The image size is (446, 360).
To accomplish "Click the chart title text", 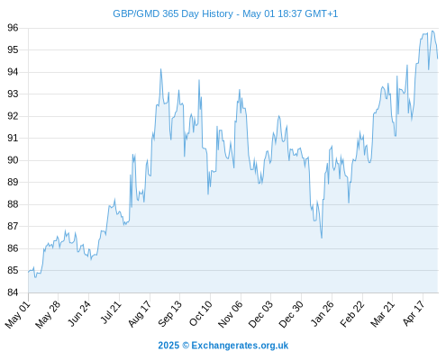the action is [225, 13].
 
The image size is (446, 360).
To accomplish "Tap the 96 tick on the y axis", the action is [13, 28].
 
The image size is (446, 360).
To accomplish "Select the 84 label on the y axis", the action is [13, 292].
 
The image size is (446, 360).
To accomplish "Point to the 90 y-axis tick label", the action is [13, 160].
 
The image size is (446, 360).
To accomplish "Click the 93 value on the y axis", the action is [13, 94].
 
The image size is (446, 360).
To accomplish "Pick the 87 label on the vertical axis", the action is [13, 226].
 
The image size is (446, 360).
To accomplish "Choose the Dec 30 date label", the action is [291, 314].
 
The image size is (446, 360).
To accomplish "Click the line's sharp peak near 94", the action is [160, 69].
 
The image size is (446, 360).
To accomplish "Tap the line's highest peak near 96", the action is [432, 31].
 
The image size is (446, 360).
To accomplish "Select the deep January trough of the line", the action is [322, 238].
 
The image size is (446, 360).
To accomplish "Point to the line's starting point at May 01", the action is [29, 272].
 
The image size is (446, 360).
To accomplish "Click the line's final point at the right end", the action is [438, 58].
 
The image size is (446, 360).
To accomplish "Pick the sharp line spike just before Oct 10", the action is [199, 80].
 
